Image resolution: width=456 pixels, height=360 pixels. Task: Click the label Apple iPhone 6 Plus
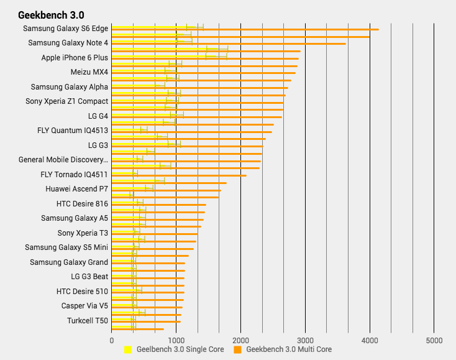[x=75, y=58]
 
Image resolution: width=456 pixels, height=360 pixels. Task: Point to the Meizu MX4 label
[x=89, y=72]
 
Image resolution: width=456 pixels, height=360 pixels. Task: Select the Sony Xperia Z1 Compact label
[x=66, y=101]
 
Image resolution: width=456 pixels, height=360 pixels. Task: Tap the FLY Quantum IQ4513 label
[x=73, y=131]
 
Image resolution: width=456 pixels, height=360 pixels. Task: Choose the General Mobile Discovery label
[x=63, y=160]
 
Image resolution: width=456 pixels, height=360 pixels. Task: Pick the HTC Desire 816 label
[x=82, y=203]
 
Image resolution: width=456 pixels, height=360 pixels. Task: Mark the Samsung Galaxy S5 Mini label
[x=66, y=247]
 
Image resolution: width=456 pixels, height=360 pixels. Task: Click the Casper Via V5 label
[x=84, y=306]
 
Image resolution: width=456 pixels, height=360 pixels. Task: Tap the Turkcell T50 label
[x=88, y=321]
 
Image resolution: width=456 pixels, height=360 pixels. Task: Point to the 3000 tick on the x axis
[x=305, y=341]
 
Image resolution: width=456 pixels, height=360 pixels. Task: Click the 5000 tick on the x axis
[x=434, y=341]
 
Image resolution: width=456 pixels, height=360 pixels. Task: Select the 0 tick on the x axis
[x=112, y=341]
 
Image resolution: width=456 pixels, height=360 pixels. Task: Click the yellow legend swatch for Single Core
[x=128, y=350]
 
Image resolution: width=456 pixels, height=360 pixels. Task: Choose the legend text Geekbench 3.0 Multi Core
[x=289, y=350]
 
